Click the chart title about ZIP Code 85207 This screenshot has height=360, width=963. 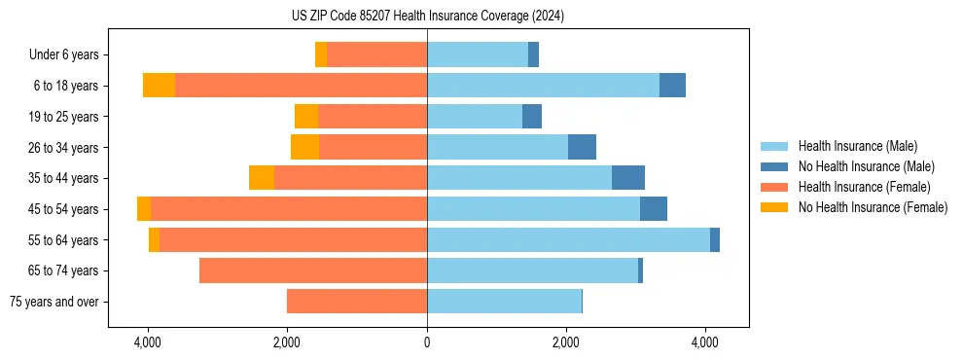click(x=427, y=16)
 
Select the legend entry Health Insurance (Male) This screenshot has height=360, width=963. click(x=857, y=146)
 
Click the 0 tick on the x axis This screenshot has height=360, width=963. click(x=427, y=342)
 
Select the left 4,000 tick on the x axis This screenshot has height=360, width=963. click(x=148, y=342)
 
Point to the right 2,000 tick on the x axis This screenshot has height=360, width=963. click(x=566, y=342)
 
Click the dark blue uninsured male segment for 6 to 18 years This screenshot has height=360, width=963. click(x=672, y=86)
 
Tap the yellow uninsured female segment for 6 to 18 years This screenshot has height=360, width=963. click(x=159, y=86)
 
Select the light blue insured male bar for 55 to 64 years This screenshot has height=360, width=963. click(x=568, y=239)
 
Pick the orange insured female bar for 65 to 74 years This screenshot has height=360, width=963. click(x=313, y=270)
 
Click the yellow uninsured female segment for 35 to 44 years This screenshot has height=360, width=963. click(x=262, y=178)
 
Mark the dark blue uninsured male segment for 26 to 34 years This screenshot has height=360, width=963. click(x=582, y=147)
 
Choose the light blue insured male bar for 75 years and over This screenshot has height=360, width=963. click(x=504, y=302)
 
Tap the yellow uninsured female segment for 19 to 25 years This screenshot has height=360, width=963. click(x=306, y=117)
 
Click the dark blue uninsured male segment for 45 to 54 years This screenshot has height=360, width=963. click(x=654, y=209)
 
